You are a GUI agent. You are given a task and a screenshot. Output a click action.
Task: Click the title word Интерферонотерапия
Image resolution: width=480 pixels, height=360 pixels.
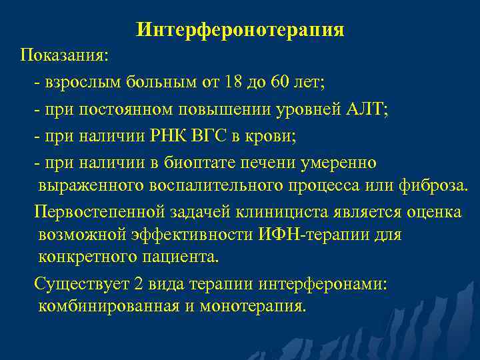(240, 30)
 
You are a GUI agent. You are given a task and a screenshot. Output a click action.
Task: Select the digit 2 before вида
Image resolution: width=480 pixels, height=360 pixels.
(138, 283)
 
